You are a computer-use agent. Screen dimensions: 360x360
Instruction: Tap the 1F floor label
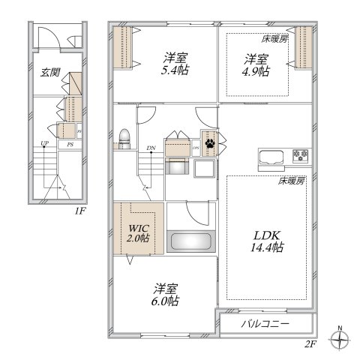[x=80, y=211]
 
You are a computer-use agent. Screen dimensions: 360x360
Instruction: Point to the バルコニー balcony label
[x=265, y=324]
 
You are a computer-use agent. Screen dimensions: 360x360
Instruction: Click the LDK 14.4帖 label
[x=266, y=239]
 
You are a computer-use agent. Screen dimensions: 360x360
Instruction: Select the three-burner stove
[x=301, y=156]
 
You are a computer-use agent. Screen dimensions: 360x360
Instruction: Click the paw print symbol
[x=209, y=141]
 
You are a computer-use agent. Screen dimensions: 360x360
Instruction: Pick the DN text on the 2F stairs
[x=151, y=147]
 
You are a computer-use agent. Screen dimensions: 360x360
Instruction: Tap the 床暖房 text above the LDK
[x=291, y=181]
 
